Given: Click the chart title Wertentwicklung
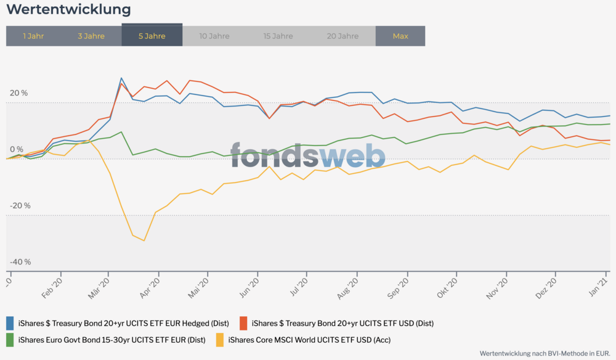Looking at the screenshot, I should (68, 10).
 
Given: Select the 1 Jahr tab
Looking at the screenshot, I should (33, 36).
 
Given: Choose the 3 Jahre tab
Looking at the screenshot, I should (91, 36).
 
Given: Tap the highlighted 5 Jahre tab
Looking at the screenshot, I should (152, 36).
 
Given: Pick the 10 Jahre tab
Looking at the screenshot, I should (214, 36).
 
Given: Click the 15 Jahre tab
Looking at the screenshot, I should (278, 36).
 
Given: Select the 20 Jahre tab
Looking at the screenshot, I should (342, 36).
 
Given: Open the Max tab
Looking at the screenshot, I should (400, 36).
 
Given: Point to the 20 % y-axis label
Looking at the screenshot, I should (18, 93).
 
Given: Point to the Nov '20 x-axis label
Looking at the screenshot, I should (500, 288).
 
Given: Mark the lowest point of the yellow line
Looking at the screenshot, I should (144, 240).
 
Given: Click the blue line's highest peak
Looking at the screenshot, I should (121, 78).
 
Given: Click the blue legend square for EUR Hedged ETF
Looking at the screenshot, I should (10, 322).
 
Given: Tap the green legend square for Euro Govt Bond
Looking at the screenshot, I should (10, 339).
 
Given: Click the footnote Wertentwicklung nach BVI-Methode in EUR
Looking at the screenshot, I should (545, 353).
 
